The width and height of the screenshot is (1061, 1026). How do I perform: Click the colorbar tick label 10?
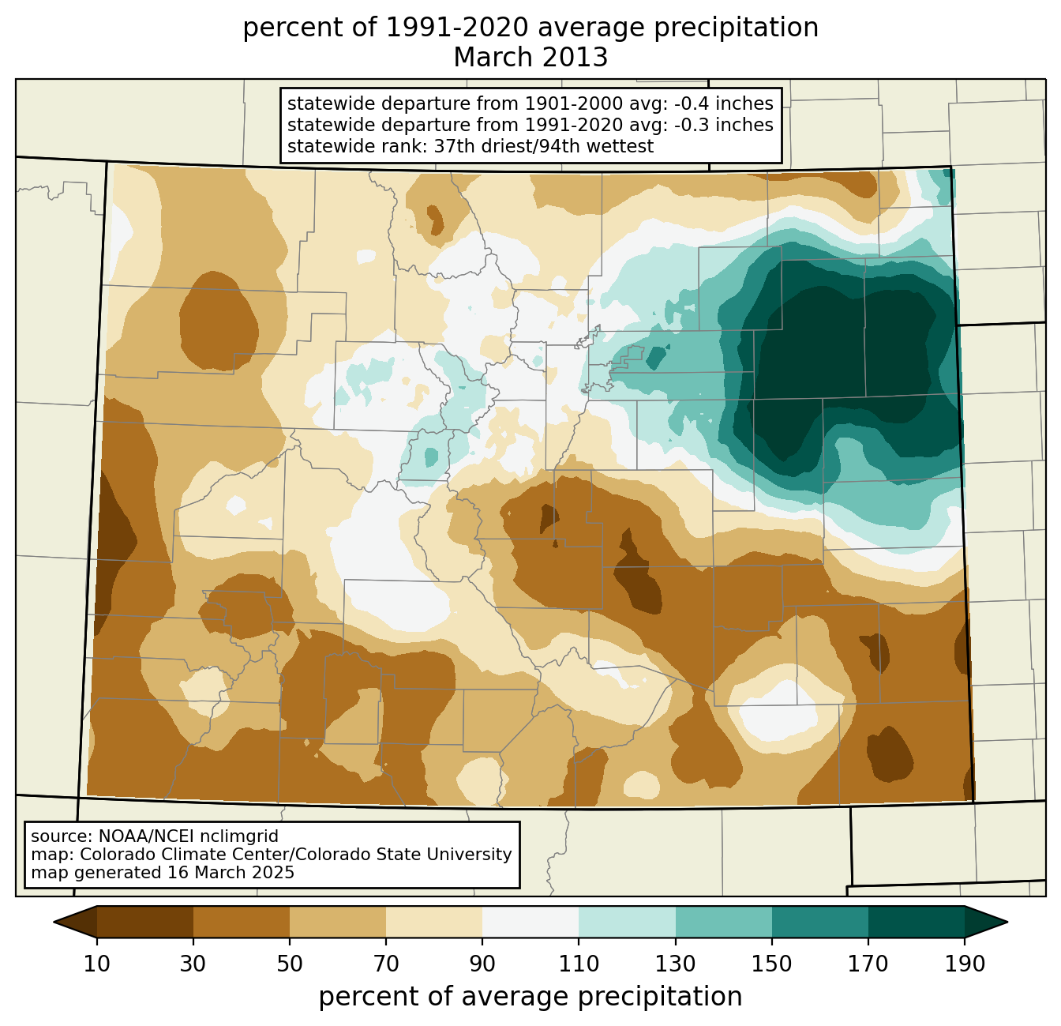click(96, 964)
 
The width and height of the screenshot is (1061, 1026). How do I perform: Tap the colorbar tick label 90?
click(482, 964)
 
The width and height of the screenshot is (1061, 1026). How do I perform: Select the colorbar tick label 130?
click(675, 964)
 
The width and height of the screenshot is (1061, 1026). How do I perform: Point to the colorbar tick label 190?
click(965, 964)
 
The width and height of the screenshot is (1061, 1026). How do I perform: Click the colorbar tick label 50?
click(290, 964)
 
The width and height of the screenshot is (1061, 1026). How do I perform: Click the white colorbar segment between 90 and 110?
click(530, 923)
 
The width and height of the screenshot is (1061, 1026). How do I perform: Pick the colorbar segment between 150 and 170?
click(820, 923)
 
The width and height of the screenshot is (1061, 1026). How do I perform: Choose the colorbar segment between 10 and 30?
click(145, 923)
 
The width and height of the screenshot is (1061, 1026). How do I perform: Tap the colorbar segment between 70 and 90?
click(434, 923)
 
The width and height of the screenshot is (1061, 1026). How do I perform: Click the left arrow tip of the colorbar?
click(54, 923)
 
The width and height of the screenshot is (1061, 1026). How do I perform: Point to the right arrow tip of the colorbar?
click(1007, 923)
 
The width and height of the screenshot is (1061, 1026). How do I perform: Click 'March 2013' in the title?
click(530, 58)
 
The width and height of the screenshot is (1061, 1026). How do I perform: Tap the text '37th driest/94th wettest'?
click(544, 147)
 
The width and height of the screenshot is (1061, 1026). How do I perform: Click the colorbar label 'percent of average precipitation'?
click(530, 997)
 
